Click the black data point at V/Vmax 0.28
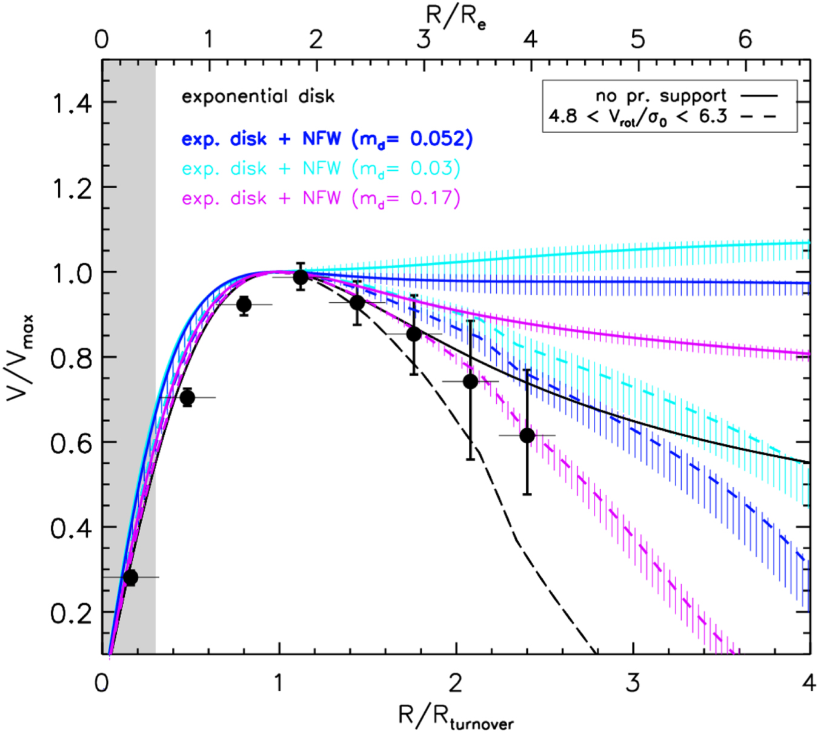130,578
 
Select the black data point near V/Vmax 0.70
187,398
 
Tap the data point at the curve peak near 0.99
301,277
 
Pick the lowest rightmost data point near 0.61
527,435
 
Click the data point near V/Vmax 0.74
470,381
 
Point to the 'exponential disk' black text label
258,97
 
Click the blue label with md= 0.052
327,139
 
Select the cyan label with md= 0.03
321,168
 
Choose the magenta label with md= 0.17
321,198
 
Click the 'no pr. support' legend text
660,96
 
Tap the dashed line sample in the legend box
758,116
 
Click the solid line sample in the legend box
758,96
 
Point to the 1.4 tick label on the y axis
71,104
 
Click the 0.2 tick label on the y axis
71,614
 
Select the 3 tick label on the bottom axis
633,684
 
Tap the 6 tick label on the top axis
745,40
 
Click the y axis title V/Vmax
21,357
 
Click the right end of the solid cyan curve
807,243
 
